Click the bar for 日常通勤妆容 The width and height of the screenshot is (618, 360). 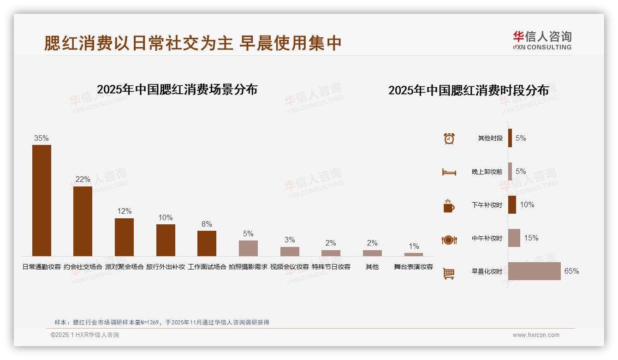tap(42, 200)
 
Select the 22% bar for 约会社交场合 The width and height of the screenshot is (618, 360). tap(83, 221)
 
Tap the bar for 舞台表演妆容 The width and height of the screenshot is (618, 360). tap(414, 254)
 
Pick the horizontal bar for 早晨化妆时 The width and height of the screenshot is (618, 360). tap(534, 271)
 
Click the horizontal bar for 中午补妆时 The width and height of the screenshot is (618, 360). tap(514, 238)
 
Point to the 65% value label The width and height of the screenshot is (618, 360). tap(571, 271)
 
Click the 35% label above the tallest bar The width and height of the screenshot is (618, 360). tap(42, 138)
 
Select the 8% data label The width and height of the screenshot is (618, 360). tap(207, 224)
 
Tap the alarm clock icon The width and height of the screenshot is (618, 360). tap(449, 138)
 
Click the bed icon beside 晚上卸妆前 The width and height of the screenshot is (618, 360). tap(449, 172)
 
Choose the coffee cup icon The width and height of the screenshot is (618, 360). tap(449, 206)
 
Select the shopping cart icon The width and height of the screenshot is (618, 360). tap(449, 274)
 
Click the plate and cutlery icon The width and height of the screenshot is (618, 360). tap(449, 240)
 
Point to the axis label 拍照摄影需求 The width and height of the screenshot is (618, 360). tap(248, 267)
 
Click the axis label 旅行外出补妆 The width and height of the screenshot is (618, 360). tap(166, 267)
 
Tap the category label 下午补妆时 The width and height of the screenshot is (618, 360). tap(487, 205)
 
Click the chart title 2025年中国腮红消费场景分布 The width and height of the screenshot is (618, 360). tap(177, 90)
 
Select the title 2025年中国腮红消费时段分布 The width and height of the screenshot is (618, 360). tap(469, 90)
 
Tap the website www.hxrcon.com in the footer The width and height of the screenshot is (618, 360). tap(536, 335)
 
